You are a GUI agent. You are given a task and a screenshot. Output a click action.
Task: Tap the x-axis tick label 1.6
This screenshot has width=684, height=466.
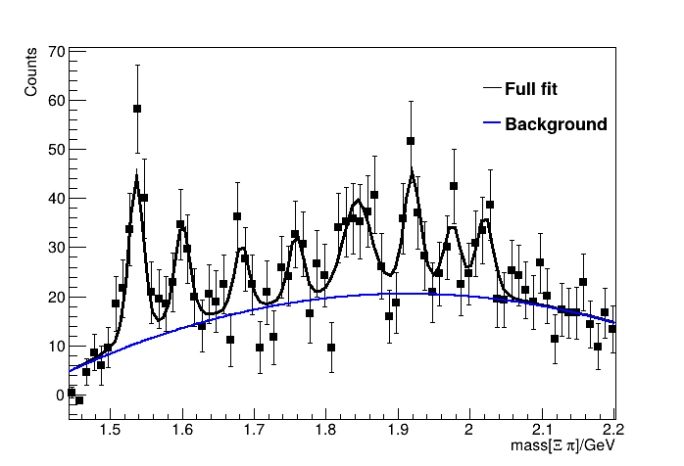182,430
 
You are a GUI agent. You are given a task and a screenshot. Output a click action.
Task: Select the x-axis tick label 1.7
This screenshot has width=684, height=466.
254,430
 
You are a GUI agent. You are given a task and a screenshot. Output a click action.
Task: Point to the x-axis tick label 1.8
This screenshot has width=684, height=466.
326,430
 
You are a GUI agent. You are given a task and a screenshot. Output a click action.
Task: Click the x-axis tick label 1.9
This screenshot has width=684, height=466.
398,430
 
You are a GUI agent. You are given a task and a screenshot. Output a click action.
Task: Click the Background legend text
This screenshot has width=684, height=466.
556,124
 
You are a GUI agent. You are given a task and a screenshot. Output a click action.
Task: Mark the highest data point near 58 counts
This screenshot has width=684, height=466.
137,109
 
